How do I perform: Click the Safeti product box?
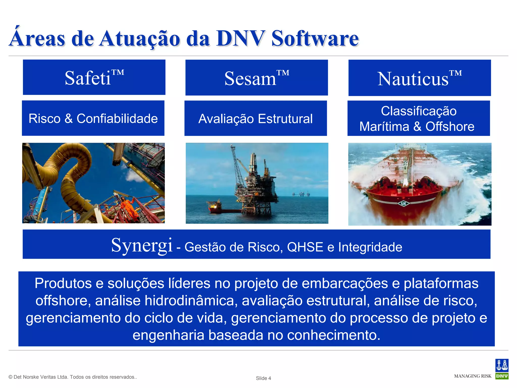94,77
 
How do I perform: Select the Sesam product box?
256,78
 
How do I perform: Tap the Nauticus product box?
419,78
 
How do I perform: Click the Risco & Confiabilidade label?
93,118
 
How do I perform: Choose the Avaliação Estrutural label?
255,118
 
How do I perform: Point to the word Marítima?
384,126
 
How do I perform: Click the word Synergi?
142,245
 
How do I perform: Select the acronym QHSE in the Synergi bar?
305,247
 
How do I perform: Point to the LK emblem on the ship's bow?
403,203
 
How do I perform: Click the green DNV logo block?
502,376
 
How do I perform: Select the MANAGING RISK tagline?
473,376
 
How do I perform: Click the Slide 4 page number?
263,378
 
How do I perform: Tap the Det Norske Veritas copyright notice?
73,377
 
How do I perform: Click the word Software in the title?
315,39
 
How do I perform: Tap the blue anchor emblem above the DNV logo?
502,365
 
